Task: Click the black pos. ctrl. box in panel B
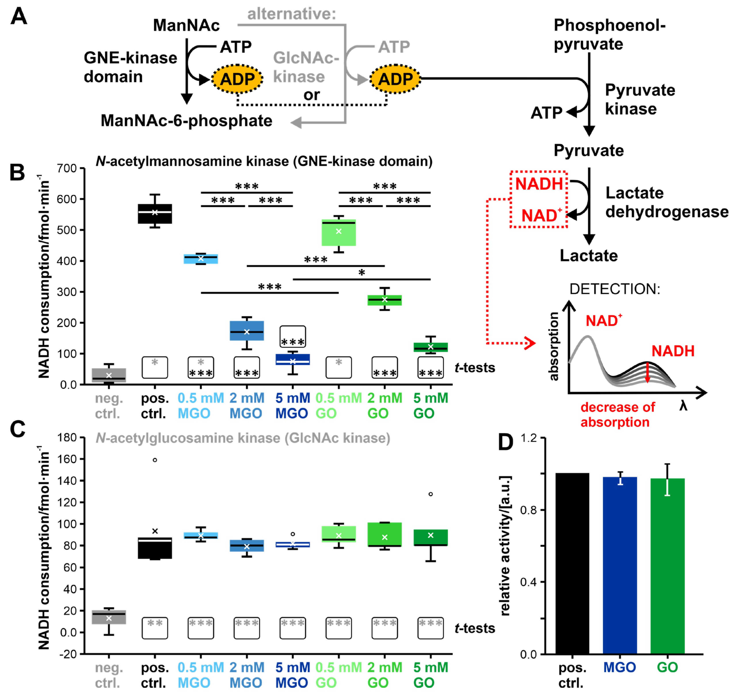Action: [x=155, y=214]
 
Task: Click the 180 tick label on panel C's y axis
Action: [x=67, y=438]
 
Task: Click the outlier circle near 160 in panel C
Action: [x=155, y=460]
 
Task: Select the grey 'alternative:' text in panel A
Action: [x=292, y=14]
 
